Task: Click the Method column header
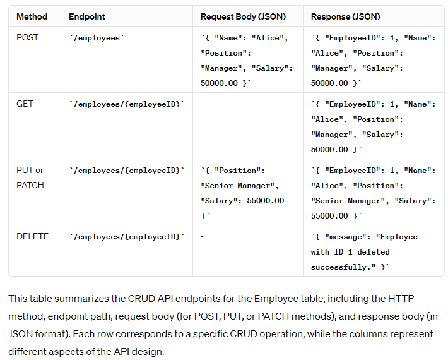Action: click(x=32, y=16)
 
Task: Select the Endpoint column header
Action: click(x=87, y=16)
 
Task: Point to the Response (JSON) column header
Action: click(x=346, y=16)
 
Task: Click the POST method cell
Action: click(x=27, y=37)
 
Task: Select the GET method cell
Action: click(x=25, y=104)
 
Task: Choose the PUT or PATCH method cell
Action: click(x=30, y=177)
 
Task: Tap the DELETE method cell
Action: click(x=32, y=236)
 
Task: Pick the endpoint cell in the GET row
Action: click(x=126, y=104)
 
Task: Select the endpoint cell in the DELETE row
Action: click(x=126, y=237)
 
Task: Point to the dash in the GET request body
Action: click(x=202, y=104)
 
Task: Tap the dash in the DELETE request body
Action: click(x=202, y=236)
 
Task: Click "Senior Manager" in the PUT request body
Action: click(x=239, y=186)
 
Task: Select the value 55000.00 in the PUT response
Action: click(x=330, y=216)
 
